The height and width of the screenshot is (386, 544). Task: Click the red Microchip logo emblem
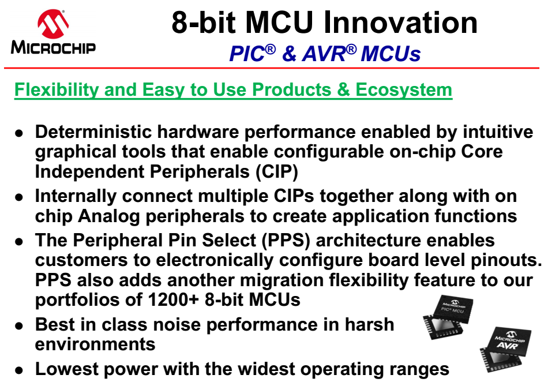point(53,24)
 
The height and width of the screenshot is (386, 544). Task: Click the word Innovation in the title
point(400,23)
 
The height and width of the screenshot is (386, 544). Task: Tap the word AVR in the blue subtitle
point(324,54)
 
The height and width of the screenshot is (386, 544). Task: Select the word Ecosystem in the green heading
point(404,89)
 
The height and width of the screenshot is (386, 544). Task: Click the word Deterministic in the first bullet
point(93,132)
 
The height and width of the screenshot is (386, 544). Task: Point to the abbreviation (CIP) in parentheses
point(276,171)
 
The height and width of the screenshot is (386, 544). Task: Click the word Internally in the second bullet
point(76,196)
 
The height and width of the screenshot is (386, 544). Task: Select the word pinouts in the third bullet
point(506,260)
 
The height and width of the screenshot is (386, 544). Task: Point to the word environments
point(95,344)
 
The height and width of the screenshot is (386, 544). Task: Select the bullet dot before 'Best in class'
point(19,326)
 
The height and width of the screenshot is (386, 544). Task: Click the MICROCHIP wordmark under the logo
point(53,47)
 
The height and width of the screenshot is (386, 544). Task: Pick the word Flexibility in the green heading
point(57,89)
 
